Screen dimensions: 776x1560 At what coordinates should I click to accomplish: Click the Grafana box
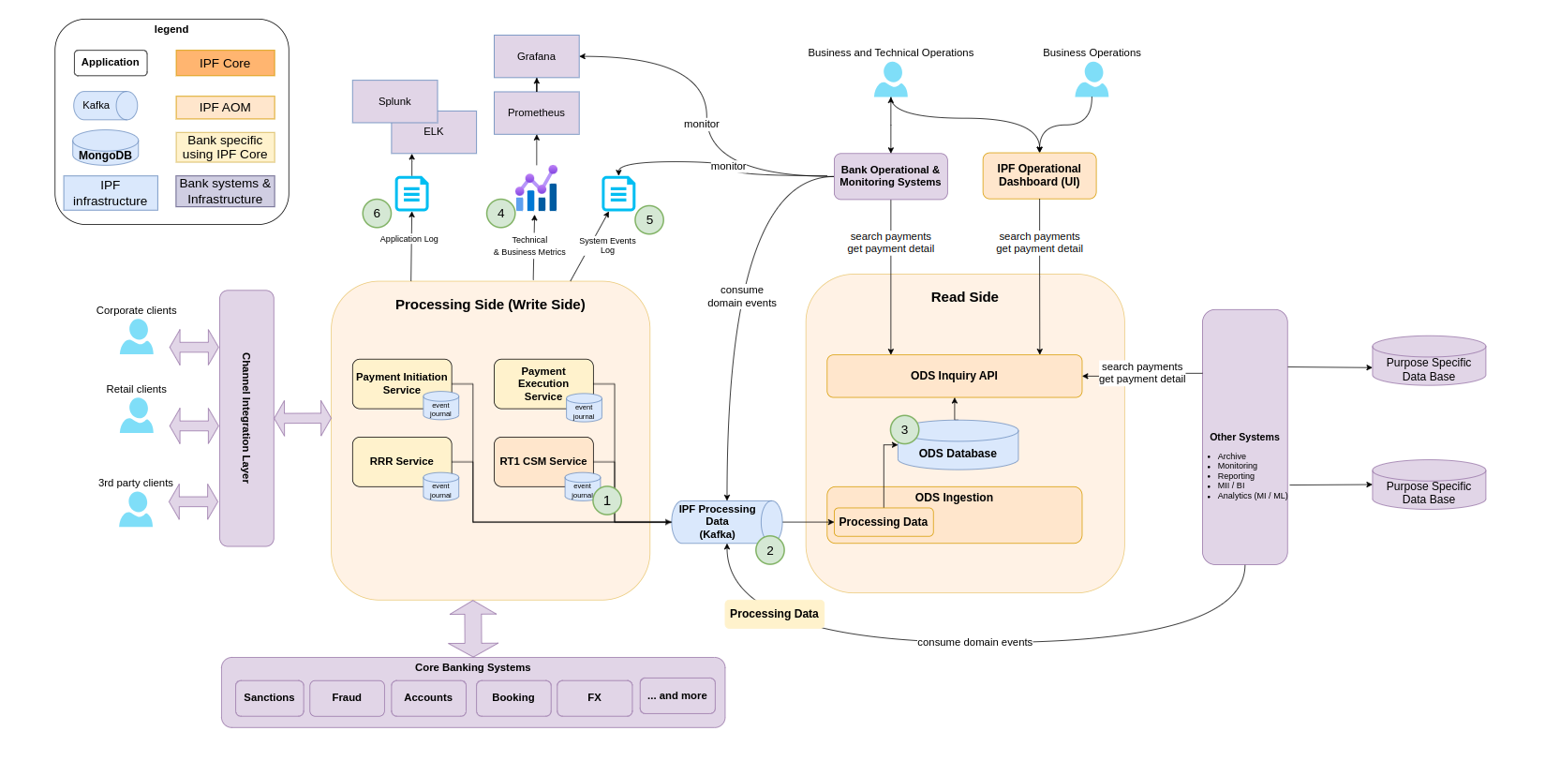click(536, 56)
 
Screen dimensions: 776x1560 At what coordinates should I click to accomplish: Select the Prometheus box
click(536, 112)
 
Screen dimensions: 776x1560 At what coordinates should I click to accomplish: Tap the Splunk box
click(394, 101)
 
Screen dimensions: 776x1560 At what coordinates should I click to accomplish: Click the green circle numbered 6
click(377, 214)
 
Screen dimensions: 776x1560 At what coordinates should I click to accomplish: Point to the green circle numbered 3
click(904, 430)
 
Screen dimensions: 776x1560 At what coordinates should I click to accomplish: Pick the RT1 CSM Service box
click(543, 461)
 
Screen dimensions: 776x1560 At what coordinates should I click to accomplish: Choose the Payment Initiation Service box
click(401, 383)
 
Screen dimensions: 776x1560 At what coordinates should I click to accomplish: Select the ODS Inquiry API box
click(954, 376)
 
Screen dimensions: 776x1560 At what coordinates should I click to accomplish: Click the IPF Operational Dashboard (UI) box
click(1039, 175)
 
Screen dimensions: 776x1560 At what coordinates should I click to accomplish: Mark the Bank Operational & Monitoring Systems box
click(890, 176)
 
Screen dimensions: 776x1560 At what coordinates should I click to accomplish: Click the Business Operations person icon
click(1092, 81)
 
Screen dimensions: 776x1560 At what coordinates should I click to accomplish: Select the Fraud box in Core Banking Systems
click(347, 698)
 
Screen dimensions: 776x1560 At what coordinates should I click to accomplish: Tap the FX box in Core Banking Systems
click(594, 698)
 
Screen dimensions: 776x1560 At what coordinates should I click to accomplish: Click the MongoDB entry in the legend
click(106, 148)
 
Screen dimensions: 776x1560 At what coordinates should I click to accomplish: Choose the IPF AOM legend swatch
click(225, 108)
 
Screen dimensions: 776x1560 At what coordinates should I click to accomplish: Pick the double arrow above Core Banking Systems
click(473, 629)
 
